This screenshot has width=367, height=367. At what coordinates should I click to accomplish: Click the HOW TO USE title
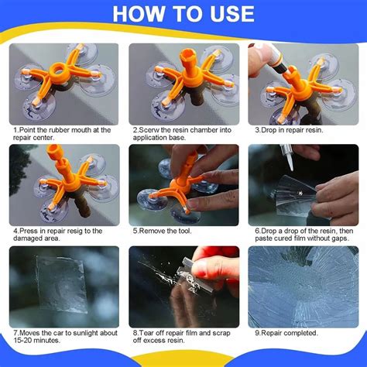click(x=183, y=14)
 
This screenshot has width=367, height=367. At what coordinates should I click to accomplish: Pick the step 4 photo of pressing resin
click(x=64, y=183)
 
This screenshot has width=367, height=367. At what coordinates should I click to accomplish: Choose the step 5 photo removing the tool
click(x=183, y=183)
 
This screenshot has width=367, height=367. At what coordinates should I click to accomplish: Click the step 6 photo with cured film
click(x=303, y=183)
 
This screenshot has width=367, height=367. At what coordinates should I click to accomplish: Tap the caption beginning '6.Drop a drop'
click(x=303, y=235)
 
